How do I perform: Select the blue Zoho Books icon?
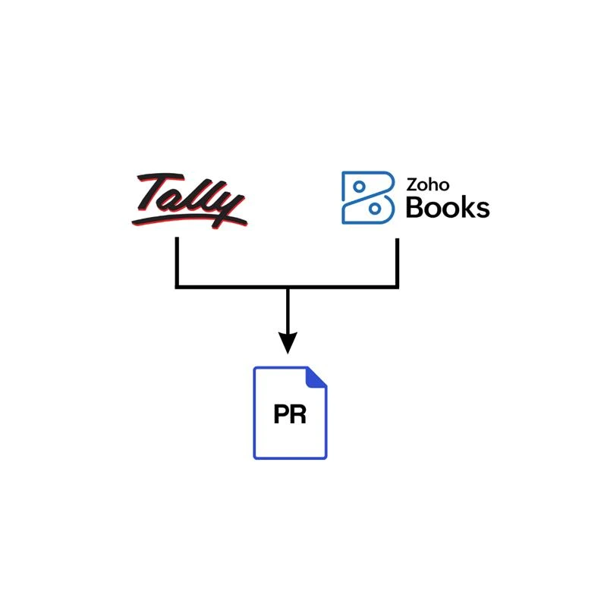[367, 197]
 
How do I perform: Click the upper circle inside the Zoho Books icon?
[360, 186]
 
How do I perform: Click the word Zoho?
[429, 184]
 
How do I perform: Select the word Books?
[448, 206]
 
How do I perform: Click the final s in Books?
[482, 209]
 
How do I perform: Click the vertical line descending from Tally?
[177, 262]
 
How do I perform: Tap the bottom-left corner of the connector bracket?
[177, 287]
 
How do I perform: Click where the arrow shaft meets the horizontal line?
[287, 287]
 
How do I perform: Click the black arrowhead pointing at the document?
[287, 344]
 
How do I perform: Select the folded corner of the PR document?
[318, 376]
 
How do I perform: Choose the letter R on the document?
[298, 415]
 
